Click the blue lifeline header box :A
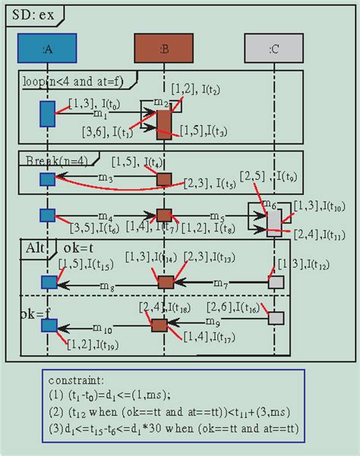coord(47,49)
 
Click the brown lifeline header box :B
coord(164,49)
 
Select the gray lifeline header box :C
coord(273,49)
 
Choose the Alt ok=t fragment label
coord(56,248)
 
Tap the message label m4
coord(105,217)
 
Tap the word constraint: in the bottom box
coord(76,379)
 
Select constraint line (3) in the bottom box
coord(173,429)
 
